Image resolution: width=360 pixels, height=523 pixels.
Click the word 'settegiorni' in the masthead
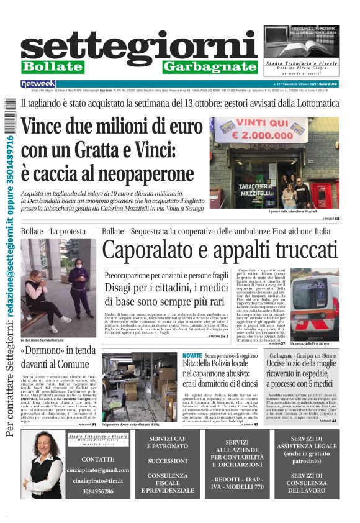click(x=139, y=47)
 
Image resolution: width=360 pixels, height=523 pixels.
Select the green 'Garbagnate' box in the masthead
click(x=210, y=66)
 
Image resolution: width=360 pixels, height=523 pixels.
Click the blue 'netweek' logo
click(x=38, y=84)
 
